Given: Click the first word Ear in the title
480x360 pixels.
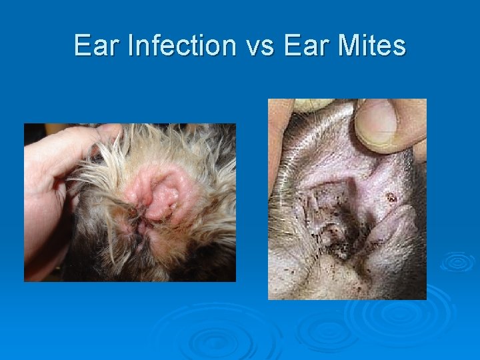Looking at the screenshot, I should (97, 46).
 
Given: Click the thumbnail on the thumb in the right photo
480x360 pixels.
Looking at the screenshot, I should (378, 123).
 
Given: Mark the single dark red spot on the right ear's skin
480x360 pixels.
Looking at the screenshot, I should (391, 197).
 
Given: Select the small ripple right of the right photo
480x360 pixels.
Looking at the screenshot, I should (457, 262).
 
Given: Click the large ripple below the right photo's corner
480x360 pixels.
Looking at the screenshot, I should (400, 313).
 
